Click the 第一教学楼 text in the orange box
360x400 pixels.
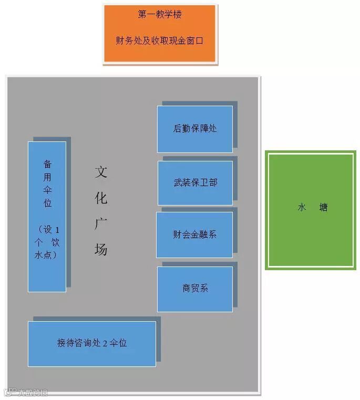point(160,15)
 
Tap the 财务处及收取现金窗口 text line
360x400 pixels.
point(160,40)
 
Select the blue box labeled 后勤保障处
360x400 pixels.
point(195,129)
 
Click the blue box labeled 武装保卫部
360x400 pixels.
point(195,183)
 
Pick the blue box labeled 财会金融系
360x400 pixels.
point(194,234)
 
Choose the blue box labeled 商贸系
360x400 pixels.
point(195,289)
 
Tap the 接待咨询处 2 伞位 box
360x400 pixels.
point(92,343)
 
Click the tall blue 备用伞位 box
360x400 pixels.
point(47,216)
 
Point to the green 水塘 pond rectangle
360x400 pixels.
point(310,210)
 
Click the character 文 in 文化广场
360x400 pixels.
point(101,171)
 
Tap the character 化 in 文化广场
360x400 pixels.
point(101,198)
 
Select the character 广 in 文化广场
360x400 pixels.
point(101,223)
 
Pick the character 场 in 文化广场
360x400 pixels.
point(101,249)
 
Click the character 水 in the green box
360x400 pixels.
point(302,208)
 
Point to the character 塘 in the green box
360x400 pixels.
point(323,208)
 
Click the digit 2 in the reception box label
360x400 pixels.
point(105,343)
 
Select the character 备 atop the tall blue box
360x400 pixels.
point(47,164)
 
